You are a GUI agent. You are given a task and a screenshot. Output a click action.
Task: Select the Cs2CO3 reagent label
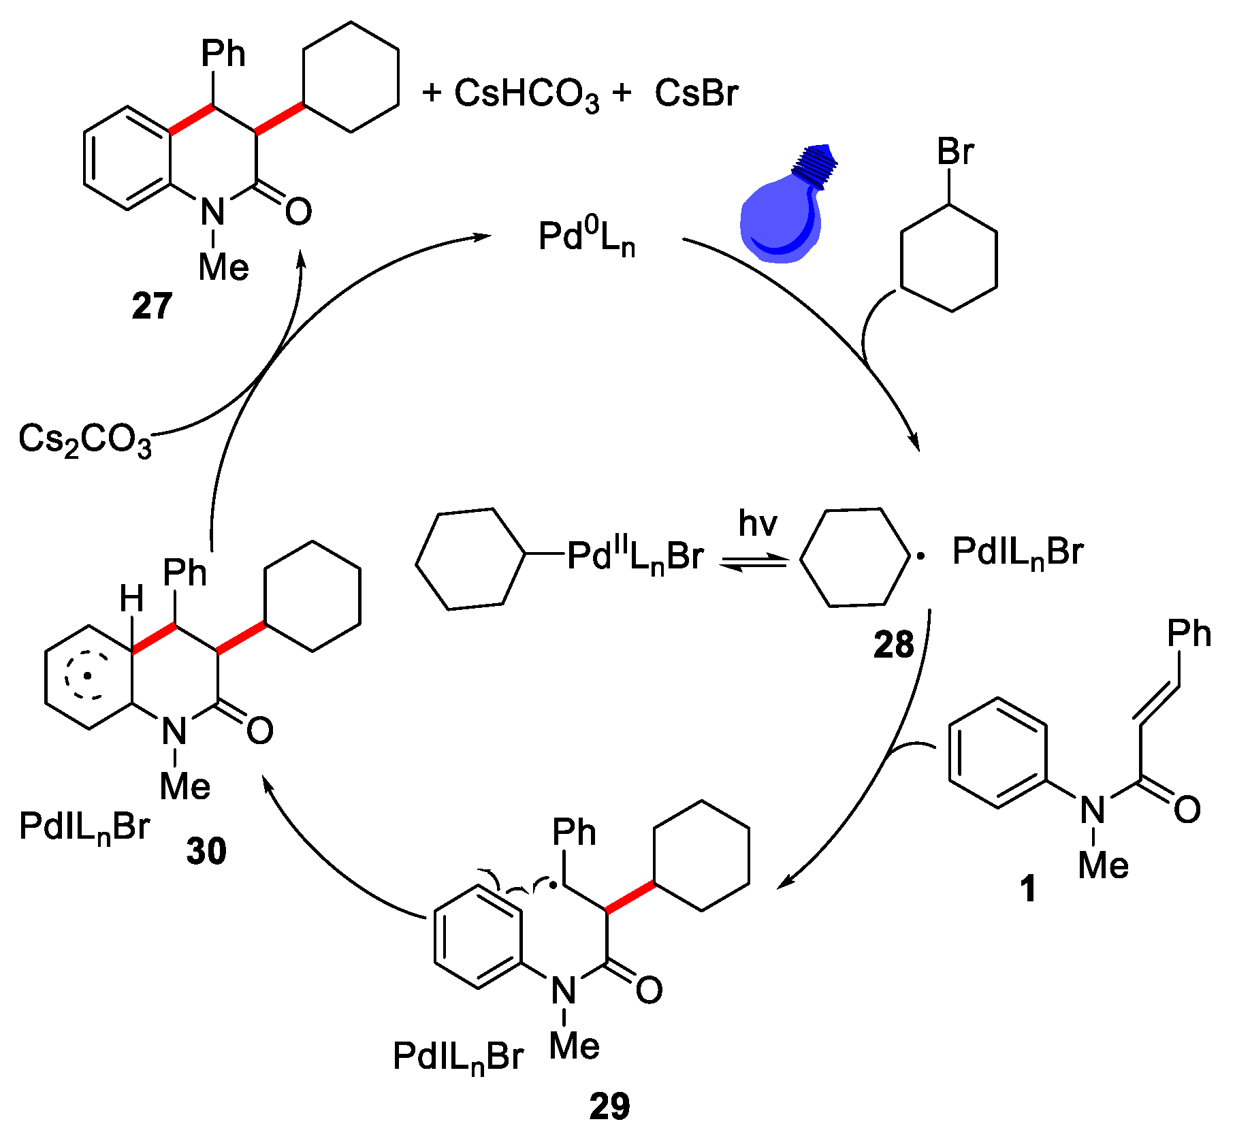(84, 440)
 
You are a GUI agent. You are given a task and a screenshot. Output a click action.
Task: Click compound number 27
(152, 306)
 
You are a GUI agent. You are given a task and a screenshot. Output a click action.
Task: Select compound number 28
(893, 644)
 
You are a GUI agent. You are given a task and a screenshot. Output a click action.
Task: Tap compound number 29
(609, 1106)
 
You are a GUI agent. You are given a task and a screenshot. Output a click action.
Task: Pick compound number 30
(206, 851)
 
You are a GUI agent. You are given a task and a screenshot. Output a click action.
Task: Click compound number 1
(1028, 888)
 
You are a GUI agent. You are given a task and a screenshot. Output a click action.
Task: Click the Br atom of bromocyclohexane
(955, 151)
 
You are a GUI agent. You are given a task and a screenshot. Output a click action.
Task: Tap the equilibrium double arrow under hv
(754, 562)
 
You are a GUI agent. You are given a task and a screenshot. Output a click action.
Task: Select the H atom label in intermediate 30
(131, 600)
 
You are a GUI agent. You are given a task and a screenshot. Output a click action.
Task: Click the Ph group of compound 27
(223, 54)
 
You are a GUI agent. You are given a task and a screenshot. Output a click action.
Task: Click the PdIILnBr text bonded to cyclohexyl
(635, 556)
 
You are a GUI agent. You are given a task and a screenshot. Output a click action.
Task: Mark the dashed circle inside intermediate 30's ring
(87, 676)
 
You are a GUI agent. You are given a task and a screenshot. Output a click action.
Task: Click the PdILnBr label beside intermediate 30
(84, 828)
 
